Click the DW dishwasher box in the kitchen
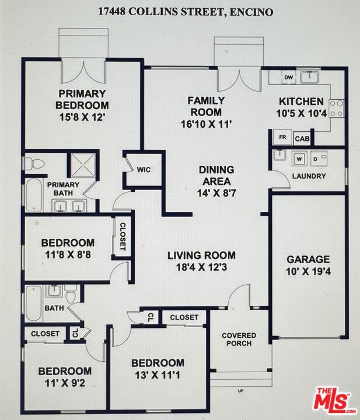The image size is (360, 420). pos(288,78)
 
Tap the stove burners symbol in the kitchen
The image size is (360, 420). pos(337,108)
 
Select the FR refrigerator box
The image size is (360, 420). pos(282,137)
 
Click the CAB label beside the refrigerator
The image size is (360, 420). pos(302,139)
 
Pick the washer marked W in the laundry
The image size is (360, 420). pos(299,159)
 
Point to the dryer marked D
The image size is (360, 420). pos(319,159)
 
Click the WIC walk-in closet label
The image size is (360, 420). pos(144,170)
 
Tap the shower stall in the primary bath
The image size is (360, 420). pos(83,165)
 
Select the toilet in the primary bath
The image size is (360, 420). pos(34,163)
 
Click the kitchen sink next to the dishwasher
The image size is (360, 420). pos(309,77)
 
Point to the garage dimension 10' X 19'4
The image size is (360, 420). pos(308,271)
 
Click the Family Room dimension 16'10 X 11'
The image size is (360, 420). pos(205,124)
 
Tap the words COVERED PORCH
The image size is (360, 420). pos(239,339)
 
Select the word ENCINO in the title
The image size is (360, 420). pos(251,12)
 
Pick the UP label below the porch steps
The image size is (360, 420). pos(240,391)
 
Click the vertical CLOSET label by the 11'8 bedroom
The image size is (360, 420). pos(123,236)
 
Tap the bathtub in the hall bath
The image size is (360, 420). pos(33,303)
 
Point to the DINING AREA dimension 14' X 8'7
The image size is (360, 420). pos(216,193)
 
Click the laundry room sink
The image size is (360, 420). pos(279,155)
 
